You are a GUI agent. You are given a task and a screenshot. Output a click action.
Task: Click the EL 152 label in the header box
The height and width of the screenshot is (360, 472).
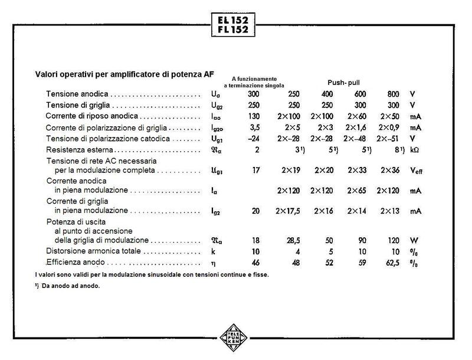point(232,19)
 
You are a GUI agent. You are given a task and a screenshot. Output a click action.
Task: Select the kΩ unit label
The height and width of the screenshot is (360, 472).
point(416,150)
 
